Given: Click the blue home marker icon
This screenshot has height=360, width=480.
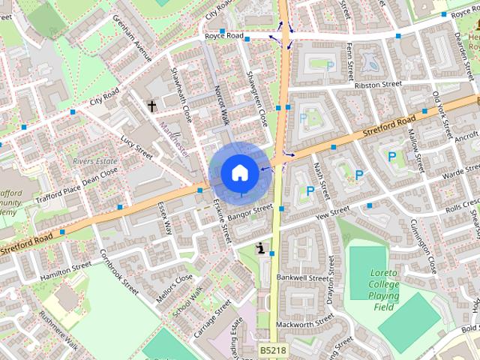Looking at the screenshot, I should point(238,172).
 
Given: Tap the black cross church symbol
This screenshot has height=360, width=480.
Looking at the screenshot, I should point(152,106).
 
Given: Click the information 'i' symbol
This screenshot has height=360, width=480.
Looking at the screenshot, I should point(260,248).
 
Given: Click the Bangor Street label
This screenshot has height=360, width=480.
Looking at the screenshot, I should point(250,213).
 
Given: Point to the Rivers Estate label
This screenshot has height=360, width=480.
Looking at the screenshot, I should point(94,160).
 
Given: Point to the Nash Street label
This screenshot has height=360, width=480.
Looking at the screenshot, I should point(321,181).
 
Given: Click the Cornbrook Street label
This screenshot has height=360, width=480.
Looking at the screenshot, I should point(120,274).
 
